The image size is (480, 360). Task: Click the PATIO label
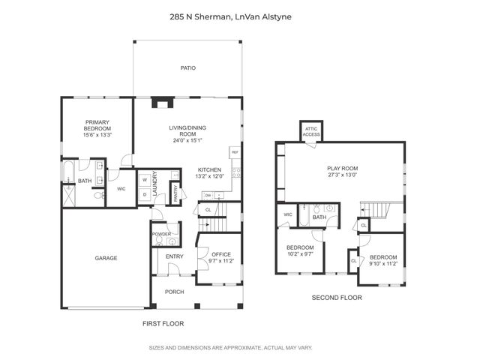pos(187,68)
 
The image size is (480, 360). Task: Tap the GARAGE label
pos(106,258)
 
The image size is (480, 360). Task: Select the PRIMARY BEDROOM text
pos(98,125)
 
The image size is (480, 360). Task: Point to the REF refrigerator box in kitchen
pos(235,152)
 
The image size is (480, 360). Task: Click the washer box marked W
pos(144,180)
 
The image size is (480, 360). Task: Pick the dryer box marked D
pos(144,194)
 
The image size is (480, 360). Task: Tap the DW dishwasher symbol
pos(206,195)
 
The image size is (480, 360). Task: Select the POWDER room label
pos(162,233)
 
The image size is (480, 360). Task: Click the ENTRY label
pos(174,256)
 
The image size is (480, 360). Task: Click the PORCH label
pos(174,292)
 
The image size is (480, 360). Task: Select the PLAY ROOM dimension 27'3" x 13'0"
pos(342,175)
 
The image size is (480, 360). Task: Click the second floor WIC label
pos(287,214)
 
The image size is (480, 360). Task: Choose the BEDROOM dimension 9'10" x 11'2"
pos(382,263)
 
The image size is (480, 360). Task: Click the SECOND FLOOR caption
pos(337,298)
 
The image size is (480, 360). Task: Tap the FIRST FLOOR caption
pos(163,323)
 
